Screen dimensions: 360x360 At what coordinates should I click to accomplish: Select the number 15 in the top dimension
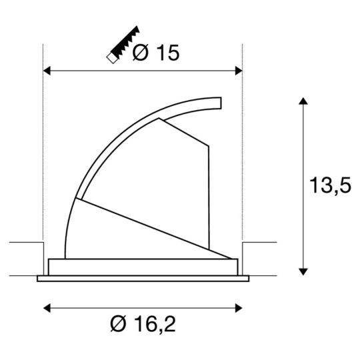[166, 53]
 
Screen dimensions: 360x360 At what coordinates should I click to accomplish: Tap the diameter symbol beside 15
[141, 53]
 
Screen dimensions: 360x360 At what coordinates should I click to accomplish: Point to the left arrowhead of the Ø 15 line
[47, 69]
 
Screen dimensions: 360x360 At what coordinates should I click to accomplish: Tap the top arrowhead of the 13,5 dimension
[303, 101]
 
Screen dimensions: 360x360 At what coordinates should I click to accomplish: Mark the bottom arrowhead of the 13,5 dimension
[303, 270]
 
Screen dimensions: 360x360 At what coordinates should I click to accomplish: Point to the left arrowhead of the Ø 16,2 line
[47, 307]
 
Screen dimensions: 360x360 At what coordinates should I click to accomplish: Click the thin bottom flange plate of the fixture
[143, 278]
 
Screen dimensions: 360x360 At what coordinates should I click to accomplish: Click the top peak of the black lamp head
[160, 121]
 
